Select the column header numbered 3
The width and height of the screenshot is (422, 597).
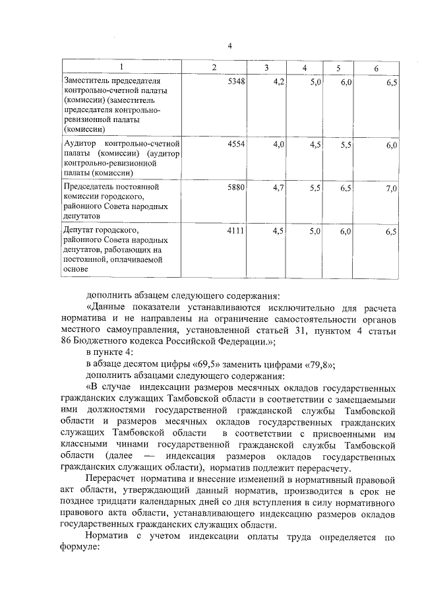266,69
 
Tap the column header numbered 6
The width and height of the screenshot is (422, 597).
376,69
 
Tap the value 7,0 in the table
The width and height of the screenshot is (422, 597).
391,189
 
